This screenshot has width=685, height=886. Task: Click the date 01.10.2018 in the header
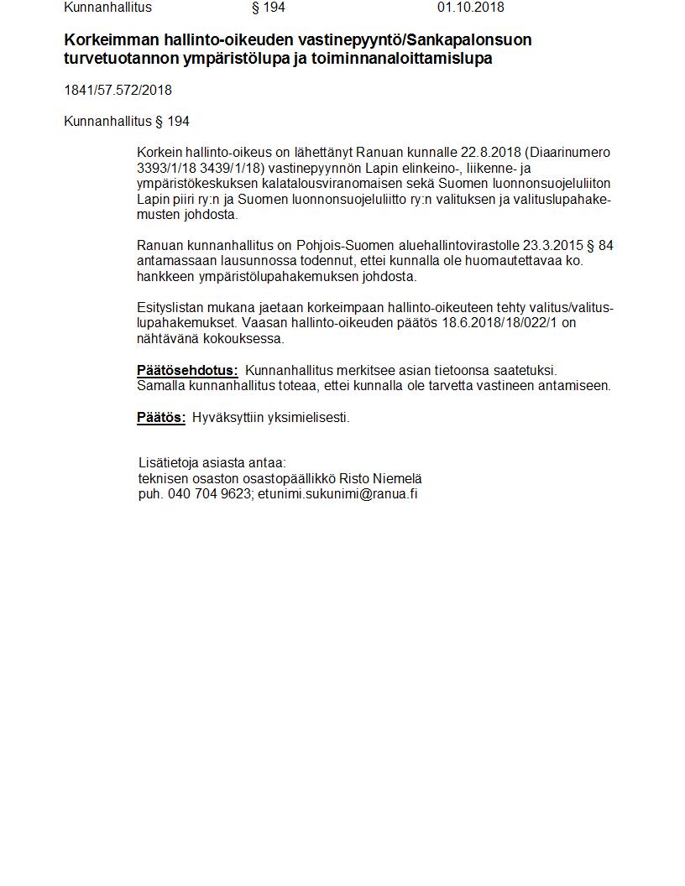tap(470, 8)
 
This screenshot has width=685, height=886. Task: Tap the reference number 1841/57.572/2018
tap(118, 91)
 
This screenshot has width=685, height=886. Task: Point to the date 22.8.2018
tap(491, 153)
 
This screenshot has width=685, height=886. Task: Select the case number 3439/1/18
tap(229, 168)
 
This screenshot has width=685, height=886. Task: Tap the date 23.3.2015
tap(552, 245)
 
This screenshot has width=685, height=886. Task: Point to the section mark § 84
tap(600, 245)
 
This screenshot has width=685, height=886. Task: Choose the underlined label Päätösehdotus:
tap(187, 370)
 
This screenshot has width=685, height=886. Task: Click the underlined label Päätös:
tap(161, 417)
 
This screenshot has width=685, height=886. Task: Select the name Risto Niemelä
tap(386, 478)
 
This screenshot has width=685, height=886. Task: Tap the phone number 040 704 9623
tap(209, 493)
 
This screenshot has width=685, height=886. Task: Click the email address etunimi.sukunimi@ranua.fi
tap(337, 493)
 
